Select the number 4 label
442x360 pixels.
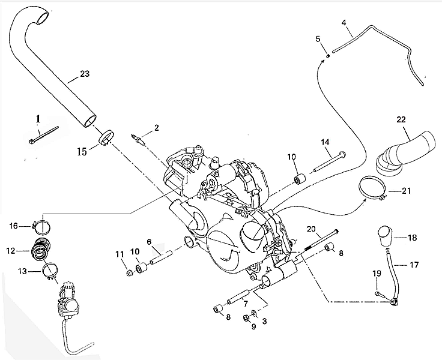point(344,23)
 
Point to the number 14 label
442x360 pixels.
point(325,142)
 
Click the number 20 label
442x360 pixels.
point(310,228)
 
